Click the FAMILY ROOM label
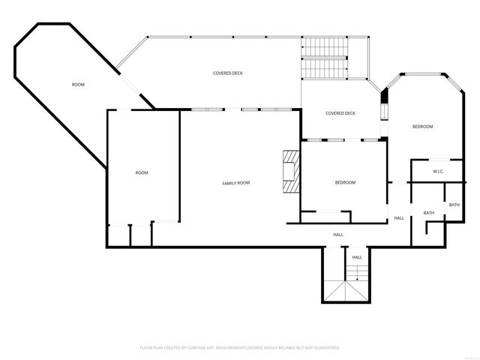tap(235, 183)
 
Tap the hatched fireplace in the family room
tap(289, 172)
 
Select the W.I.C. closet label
tap(439, 172)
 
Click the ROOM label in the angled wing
tap(78, 85)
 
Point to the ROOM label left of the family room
tap(142, 173)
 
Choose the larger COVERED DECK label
tap(227, 73)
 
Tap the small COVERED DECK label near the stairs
tap(340, 113)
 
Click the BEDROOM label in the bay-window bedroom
tap(422, 127)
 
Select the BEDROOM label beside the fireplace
tap(345, 183)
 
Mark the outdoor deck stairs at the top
tap(324, 58)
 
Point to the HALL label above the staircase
tap(357, 257)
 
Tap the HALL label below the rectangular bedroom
tap(338, 235)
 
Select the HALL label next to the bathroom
tap(399, 218)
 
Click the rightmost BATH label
tap(454, 205)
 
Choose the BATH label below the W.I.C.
tap(429, 213)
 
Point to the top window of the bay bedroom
tap(422, 73)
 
